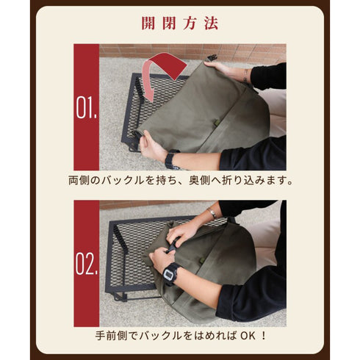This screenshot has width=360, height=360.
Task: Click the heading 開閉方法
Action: [180, 24]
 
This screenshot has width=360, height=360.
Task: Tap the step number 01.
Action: [86, 107]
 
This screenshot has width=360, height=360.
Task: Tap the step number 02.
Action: [86, 264]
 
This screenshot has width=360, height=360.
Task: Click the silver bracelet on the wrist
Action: [212, 213]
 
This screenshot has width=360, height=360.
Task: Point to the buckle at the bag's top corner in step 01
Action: [212, 59]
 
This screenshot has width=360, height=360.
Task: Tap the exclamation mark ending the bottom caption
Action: [264, 336]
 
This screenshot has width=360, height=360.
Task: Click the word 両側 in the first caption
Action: [79, 181]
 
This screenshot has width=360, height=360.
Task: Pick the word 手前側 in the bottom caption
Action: [111, 336]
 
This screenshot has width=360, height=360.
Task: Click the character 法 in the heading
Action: [211, 24]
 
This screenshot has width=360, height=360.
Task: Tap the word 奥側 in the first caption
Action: [199, 181]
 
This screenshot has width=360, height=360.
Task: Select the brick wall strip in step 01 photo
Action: [192, 51]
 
